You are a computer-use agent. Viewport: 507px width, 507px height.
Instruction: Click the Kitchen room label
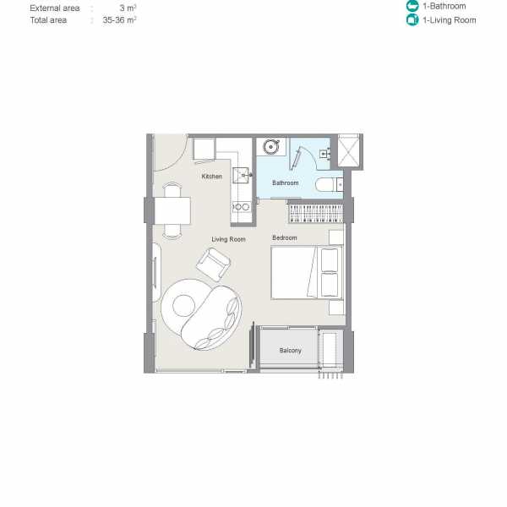point(212,177)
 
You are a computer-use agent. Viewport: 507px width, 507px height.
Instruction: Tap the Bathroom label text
point(286,183)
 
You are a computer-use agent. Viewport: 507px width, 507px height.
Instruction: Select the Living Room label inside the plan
point(228,239)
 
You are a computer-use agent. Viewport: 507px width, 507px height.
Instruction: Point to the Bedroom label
point(285,237)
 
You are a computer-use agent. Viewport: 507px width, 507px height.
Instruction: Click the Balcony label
point(291,350)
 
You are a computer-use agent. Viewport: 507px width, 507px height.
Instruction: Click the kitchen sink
point(241,175)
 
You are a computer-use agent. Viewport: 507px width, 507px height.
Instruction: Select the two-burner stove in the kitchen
point(241,207)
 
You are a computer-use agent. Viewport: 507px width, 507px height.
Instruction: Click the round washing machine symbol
point(270,147)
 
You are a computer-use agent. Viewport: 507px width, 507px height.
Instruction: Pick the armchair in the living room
point(213,264)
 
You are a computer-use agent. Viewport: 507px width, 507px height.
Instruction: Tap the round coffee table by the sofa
point(183,306)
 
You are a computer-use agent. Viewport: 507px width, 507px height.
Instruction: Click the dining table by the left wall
point(172,210)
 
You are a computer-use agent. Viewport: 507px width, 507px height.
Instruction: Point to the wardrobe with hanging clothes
point(315,212)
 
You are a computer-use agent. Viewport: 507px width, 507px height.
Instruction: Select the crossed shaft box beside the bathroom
point(348,151)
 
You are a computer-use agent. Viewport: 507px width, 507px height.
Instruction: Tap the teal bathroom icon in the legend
point(412,6)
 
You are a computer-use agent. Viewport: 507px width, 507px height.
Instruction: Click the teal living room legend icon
point(412,19)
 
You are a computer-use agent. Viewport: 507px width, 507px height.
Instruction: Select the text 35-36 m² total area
point(119,20)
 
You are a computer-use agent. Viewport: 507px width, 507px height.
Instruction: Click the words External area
point(55,8)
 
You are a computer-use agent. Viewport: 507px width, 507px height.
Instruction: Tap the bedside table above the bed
point(336,237)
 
